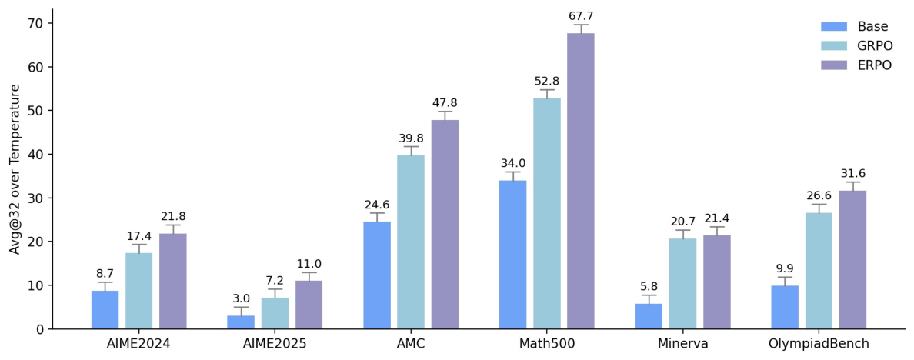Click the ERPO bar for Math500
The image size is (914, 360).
[580, 181]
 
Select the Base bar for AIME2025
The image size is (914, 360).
[241, 322]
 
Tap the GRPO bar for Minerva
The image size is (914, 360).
[682, 284]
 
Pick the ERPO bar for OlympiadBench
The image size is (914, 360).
[852, 260]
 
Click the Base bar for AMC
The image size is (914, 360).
[376, 275]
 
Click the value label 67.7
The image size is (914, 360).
[581, 16]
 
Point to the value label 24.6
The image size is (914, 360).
[376, 205]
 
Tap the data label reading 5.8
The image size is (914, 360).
[649, 287]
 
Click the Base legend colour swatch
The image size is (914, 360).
[833, 26]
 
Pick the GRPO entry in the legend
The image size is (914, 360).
[856, 45]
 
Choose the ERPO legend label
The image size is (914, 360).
[873, 65]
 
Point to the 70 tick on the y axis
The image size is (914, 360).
[37, 23]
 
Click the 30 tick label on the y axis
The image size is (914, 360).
[37, 198]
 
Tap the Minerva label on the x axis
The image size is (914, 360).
[682, 344]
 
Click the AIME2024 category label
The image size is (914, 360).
[138, 344]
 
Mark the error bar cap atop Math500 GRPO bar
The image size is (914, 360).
[547, 90]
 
